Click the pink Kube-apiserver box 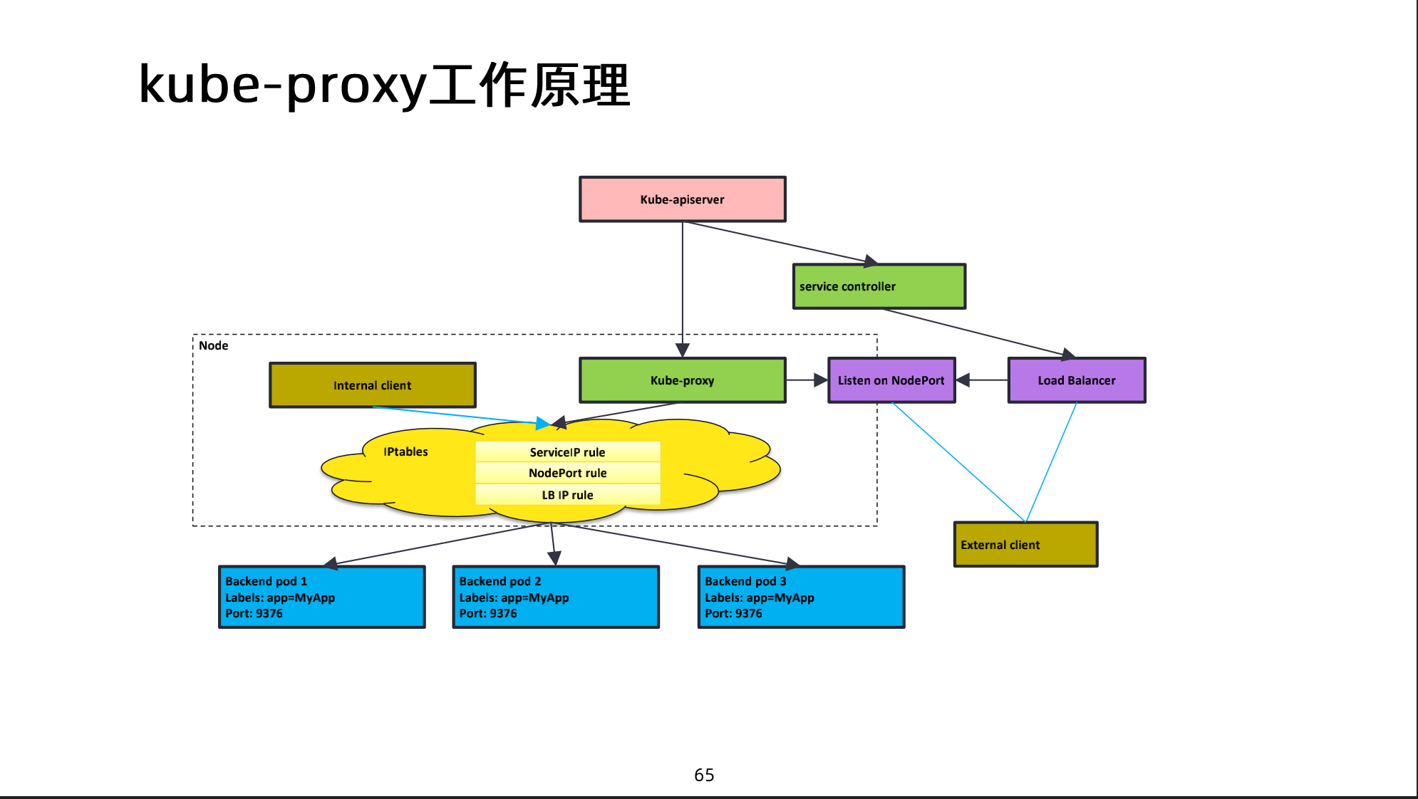(x=682, y=199)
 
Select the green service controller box (x=879, y=286)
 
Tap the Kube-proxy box (x=682, y=380)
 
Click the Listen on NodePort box (x=891, y=380)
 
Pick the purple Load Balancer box (x=1076, y=380)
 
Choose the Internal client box (x=372, y=385)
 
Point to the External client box (x=1025, y=545)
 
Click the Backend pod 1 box (x=321, y=597)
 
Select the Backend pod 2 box (x=555, y=597)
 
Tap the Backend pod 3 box (x=801, y=597)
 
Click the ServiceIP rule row (x=567, y=452)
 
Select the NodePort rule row (x=567, y=473)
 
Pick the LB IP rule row (x=567, y=495)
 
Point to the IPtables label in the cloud (x=405, y=451)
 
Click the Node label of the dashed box (x=213, y=345)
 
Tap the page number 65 (x=704, y=775)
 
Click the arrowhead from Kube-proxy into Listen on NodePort (x=821, y=380)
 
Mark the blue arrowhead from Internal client (x=543, y=424)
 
